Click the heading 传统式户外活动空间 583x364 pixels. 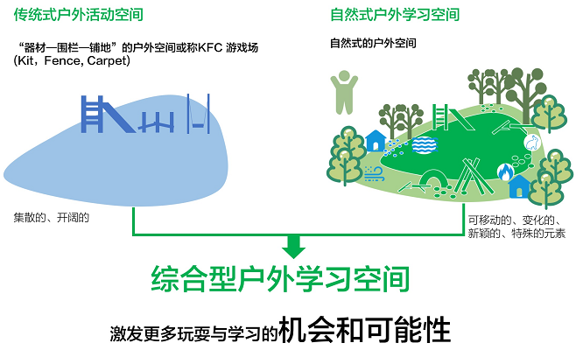tap(80, 14)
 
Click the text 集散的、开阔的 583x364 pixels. tap(52, 216)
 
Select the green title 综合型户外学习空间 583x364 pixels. tap(291, 280)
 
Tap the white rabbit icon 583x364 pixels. tap(530, 142)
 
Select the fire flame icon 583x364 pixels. tap(505, 171)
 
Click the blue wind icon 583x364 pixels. tap(374, 172)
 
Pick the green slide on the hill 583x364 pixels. tap(446, 116)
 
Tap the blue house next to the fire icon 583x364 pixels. tap(520, 185)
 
